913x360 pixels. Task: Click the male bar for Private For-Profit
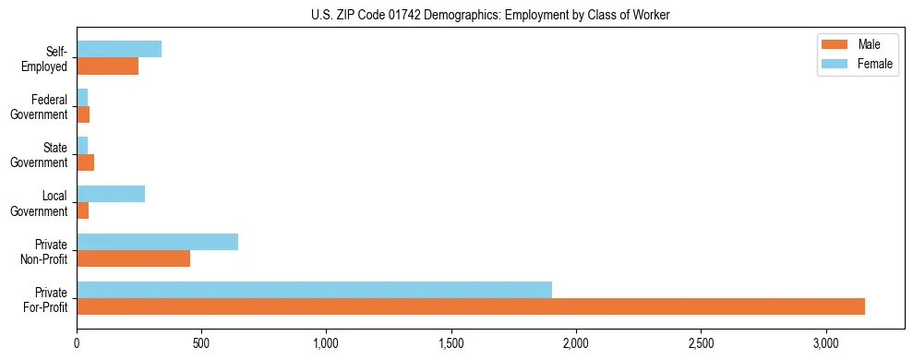(x=471, y=306)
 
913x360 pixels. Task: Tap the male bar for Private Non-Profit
(x=133, y=258)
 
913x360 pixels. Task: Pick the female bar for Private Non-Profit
(x=157, y=242)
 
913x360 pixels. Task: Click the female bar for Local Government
(x=111, y=194)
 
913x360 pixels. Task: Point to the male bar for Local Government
(x=82, y=210)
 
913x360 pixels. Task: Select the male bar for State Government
(x=85, y=162)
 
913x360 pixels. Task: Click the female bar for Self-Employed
(x=119, y=49)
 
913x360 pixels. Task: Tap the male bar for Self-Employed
(x=107, y=66)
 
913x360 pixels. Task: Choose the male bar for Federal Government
(x=83, y=114)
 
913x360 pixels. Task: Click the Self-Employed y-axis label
(x=49, y=58)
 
